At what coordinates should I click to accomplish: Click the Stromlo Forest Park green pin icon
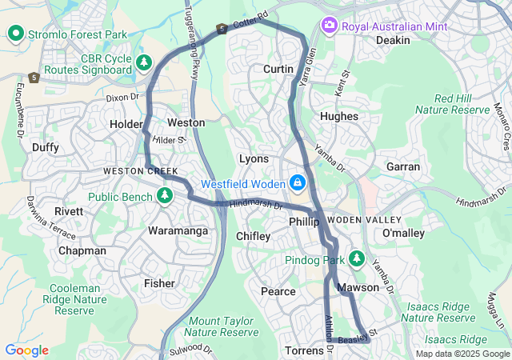tap(15, 34)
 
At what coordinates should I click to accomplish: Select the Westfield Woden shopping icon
tap(298, 183)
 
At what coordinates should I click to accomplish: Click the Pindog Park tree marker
tap(356, 260)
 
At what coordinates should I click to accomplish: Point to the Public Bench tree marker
tap(166, 195)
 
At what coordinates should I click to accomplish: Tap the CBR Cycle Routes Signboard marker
tap(144, 62)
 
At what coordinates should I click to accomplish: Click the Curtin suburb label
tap(278, 70)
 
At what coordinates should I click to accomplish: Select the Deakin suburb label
tap(392, 40)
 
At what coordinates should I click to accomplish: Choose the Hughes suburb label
tap(338, 116)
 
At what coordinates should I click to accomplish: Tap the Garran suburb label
tap(402, 166)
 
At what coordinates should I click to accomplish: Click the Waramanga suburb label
tap(178, 231)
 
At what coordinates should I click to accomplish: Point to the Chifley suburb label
tap(254, 236)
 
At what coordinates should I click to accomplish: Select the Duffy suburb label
tap(46, 147)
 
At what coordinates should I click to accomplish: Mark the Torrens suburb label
tap(305, 351)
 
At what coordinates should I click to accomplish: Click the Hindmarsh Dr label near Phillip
tap(256, 205)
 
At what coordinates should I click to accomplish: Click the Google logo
tap(26, 350)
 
